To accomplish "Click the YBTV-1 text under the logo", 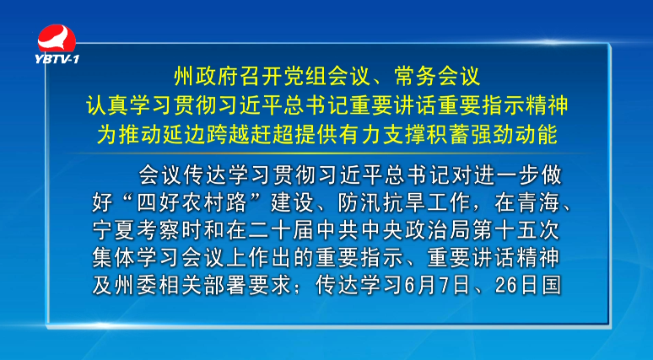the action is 57,59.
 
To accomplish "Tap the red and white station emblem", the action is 57,38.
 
